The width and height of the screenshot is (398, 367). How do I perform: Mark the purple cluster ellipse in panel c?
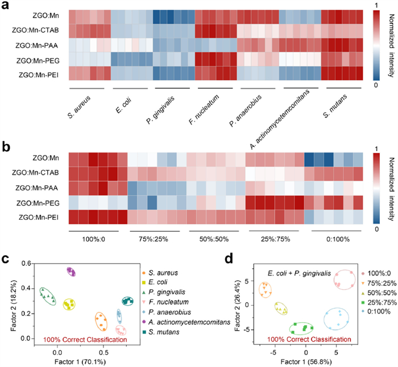coord(72,272)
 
